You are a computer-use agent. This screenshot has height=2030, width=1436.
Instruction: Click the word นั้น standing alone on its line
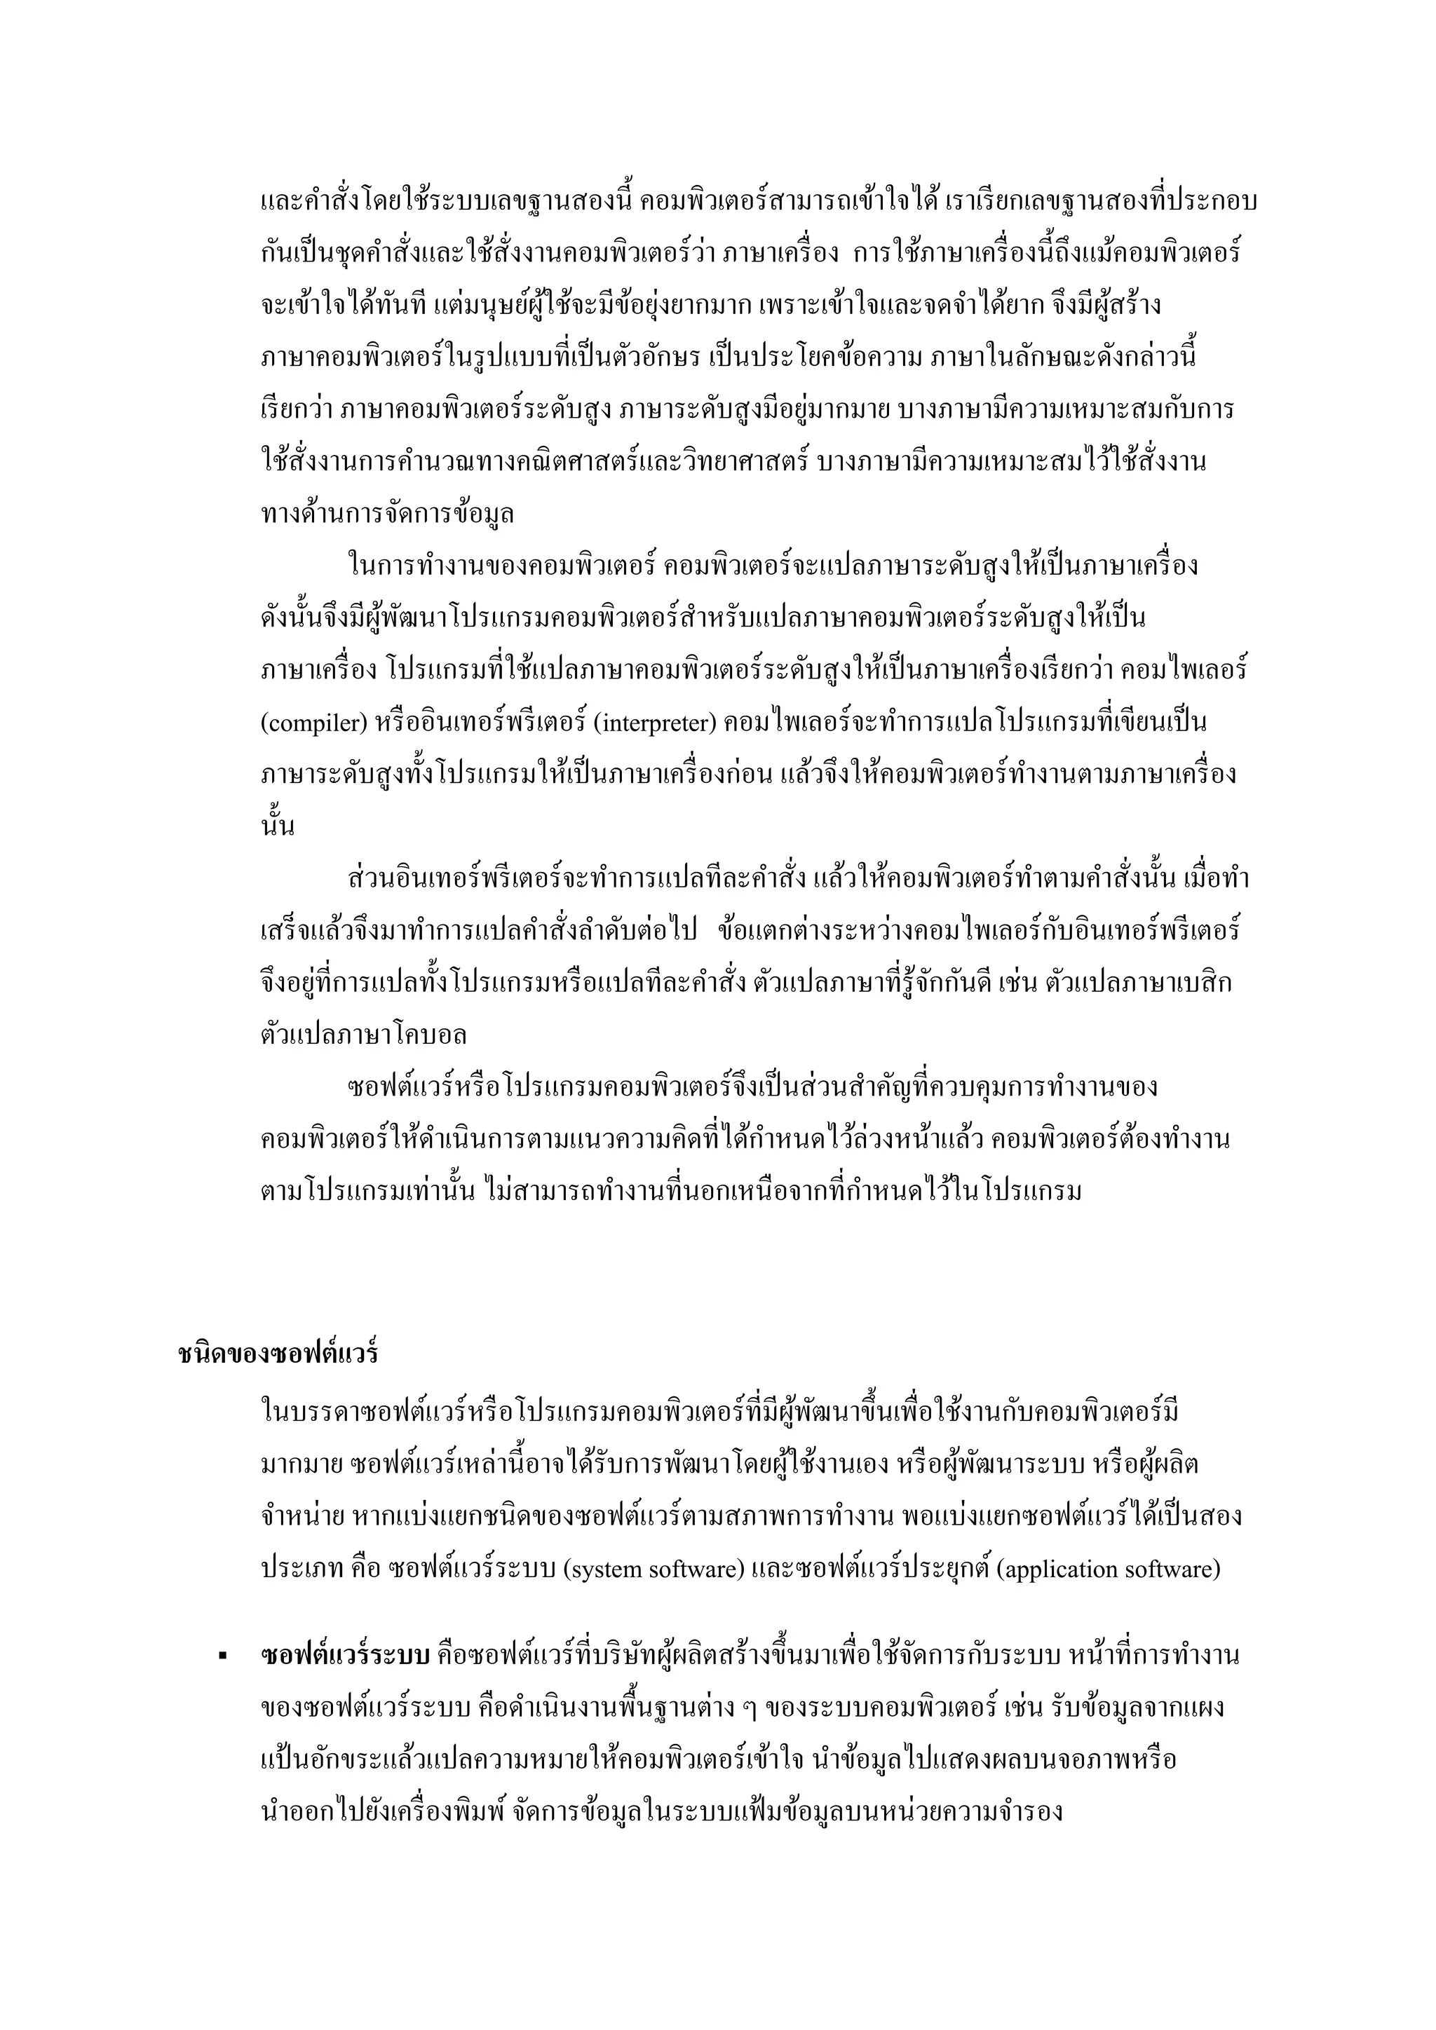[277, 826]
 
